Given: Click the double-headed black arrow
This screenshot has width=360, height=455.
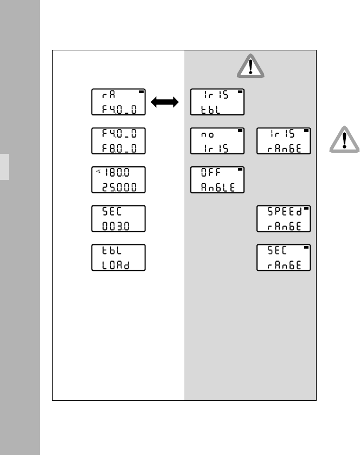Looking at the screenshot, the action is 166,102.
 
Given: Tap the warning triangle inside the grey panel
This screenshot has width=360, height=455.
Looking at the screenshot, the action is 250,67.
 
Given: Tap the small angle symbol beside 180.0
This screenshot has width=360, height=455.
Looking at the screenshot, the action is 98,172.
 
